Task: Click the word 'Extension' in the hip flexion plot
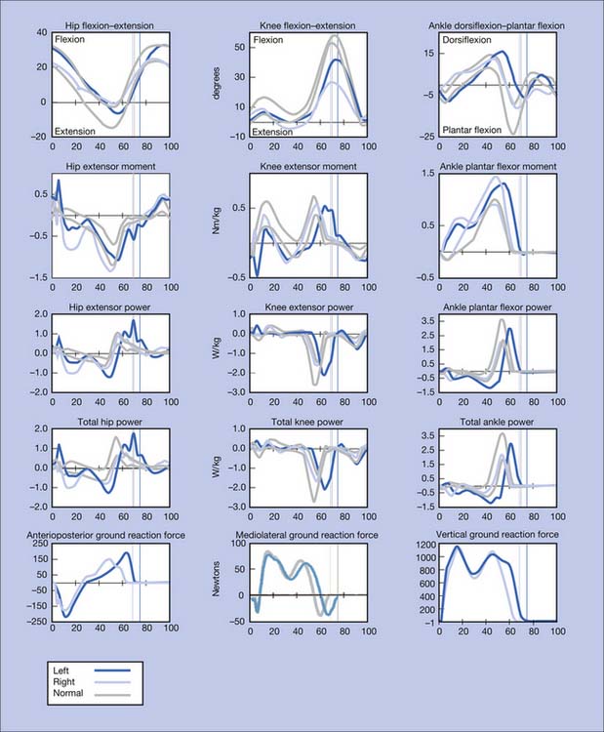(x=80, y=130)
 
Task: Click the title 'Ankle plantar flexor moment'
(x=498, y=167)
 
